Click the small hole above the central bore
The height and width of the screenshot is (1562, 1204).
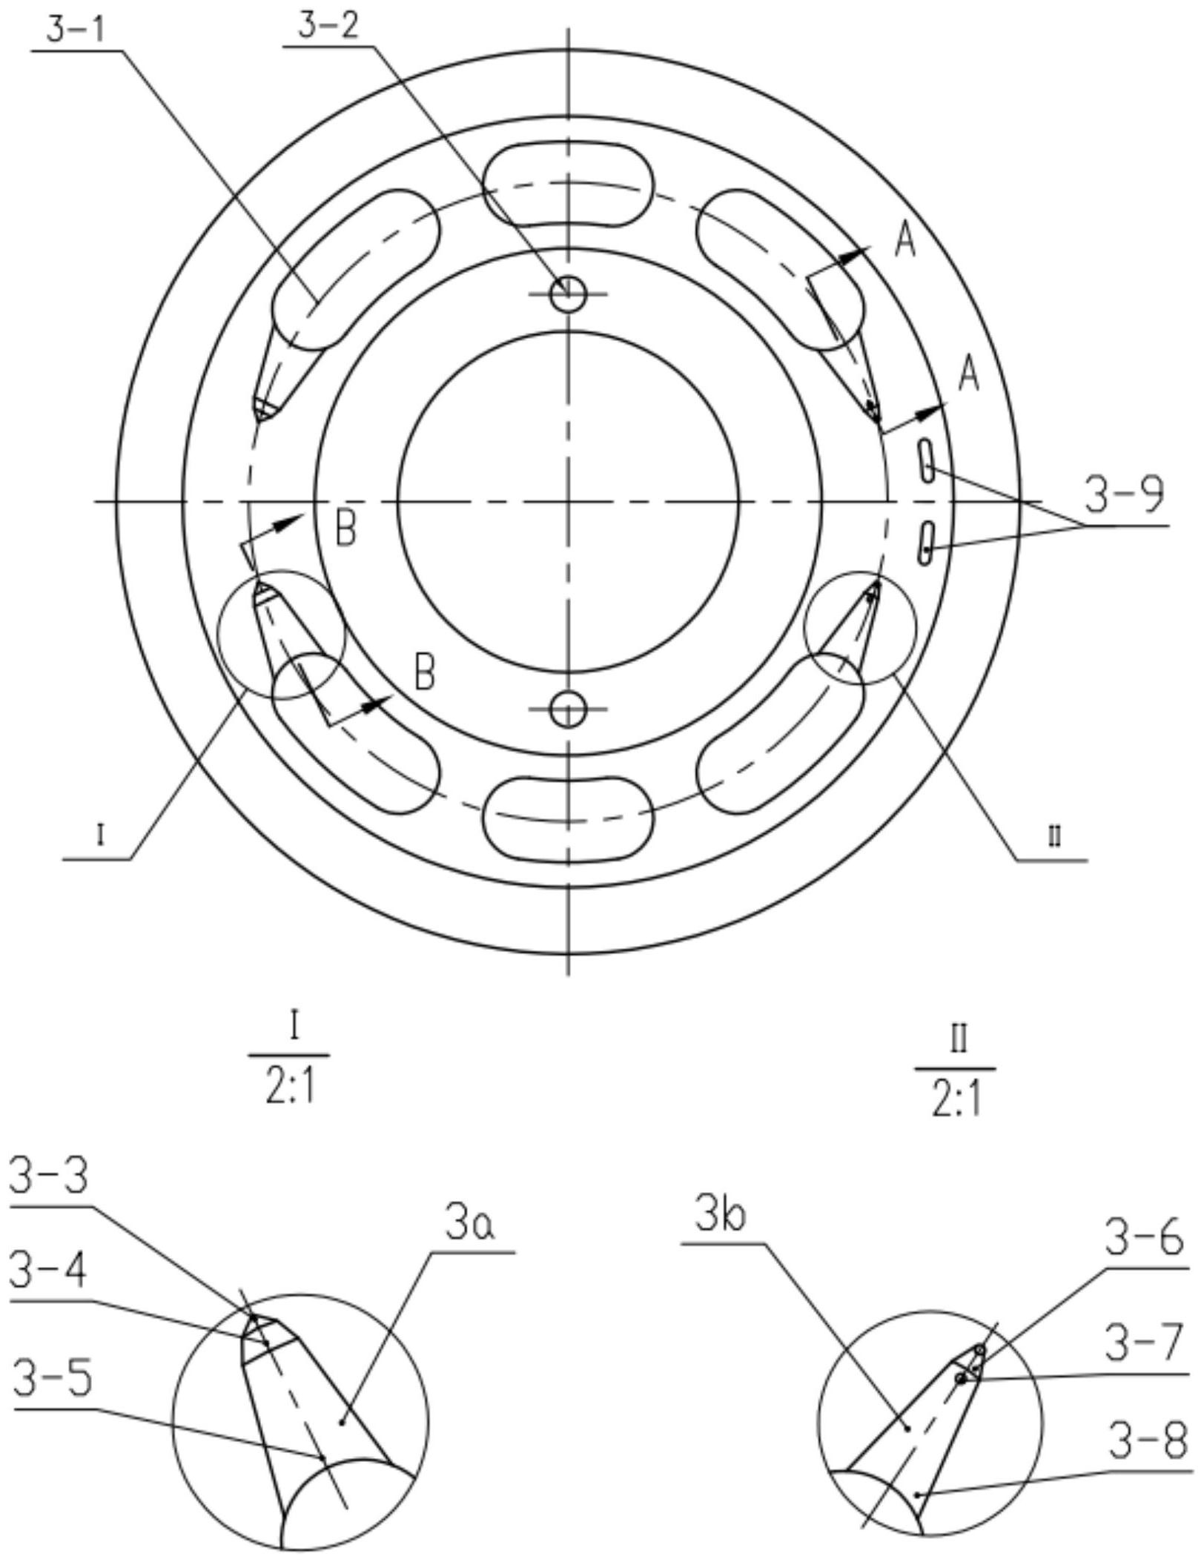[x=568, y=294]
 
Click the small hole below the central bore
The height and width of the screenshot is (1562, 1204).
[x=568, y=709]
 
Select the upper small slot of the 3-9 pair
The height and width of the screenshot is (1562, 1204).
[x=927, y=460]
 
